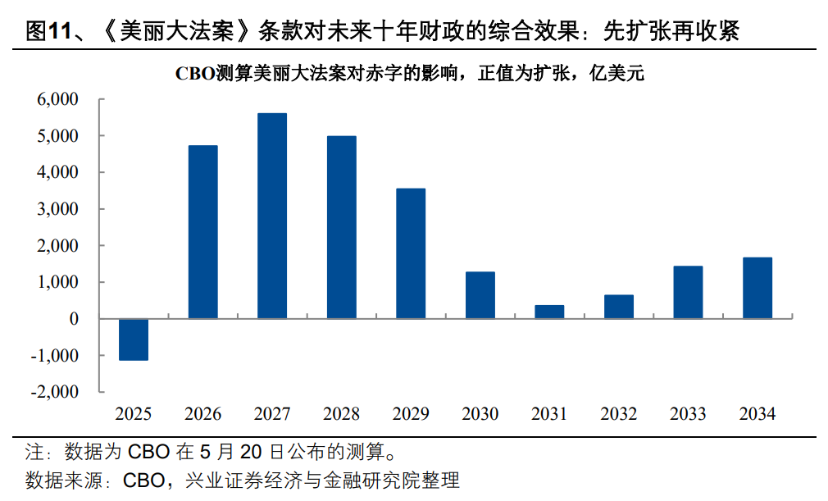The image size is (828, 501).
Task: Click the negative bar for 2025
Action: (134, 339)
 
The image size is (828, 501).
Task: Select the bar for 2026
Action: (202, 232)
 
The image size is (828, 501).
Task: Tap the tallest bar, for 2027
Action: (272, 216)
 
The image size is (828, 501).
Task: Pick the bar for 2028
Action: (341, 227)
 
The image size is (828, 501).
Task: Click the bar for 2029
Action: (411, 253)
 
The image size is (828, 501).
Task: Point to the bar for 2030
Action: (480, 295)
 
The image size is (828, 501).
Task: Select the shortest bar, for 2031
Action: (549, 312)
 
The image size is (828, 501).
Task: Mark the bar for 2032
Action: (619, 307)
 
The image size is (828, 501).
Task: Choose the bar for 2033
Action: (688, 292)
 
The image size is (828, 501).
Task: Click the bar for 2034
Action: (757, 288)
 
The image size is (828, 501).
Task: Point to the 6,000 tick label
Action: (57, 99)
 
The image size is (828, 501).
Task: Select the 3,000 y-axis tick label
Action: (57, 209)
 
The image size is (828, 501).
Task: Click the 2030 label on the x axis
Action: (480, 414)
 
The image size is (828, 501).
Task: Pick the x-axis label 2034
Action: (757, 414)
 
